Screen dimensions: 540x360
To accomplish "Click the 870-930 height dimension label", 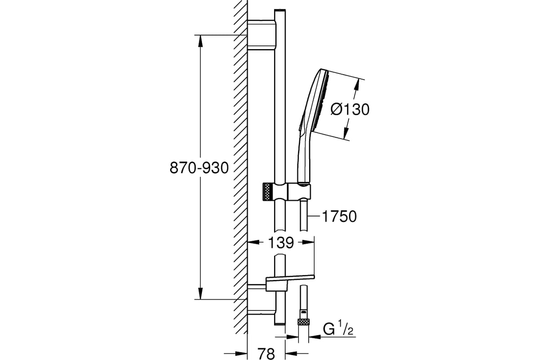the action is coord(199,168).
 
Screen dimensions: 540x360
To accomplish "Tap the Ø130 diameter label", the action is coord(350,109).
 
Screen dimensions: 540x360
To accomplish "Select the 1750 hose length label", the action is coord(339,216).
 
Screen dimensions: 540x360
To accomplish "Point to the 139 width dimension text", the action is coord(281,243).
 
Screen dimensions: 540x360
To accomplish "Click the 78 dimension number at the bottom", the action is coord(266,354).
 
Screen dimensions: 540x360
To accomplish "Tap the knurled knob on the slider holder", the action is coord(268,191).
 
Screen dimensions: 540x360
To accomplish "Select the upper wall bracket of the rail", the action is coord(261,35).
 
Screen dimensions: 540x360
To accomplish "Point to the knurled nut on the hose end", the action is coord(303,322).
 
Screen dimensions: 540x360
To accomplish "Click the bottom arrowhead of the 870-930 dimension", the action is coord(201,293).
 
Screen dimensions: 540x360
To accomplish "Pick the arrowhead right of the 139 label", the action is coord(309,242).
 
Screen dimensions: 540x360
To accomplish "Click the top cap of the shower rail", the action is coord(280,11).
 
